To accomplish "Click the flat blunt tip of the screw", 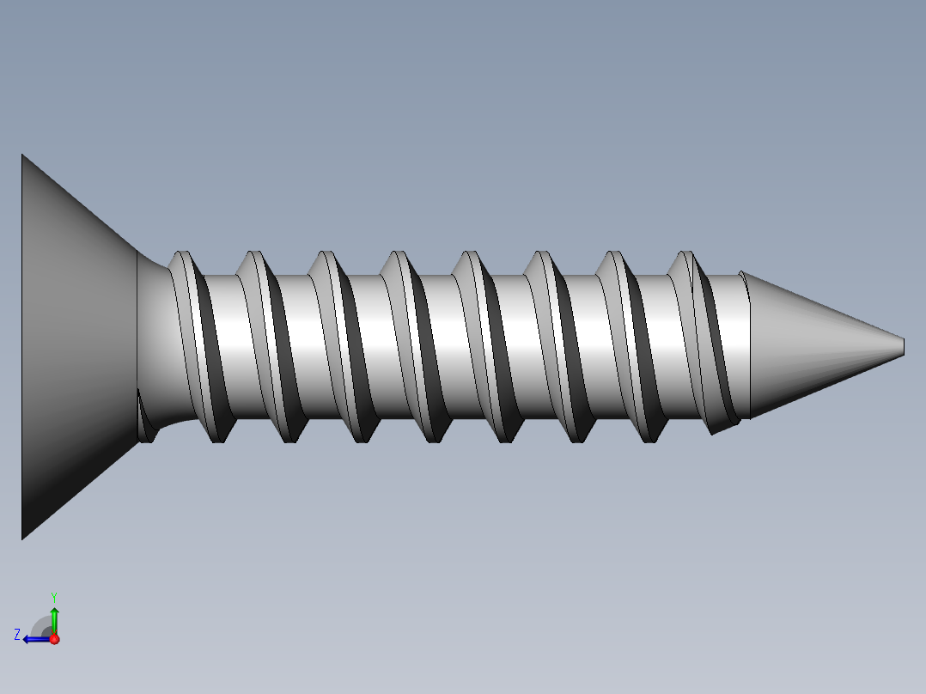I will click(x=904, y=346).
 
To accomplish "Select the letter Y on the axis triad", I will click(x=53, y=596).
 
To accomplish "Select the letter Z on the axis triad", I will click(x=17, y=635).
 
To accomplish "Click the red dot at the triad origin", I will click(x=54, y=639).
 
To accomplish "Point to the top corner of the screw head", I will click(x=23, y=156).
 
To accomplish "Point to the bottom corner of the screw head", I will click(x=23, y=538).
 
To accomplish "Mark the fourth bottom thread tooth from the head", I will click(x=435, y=435).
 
